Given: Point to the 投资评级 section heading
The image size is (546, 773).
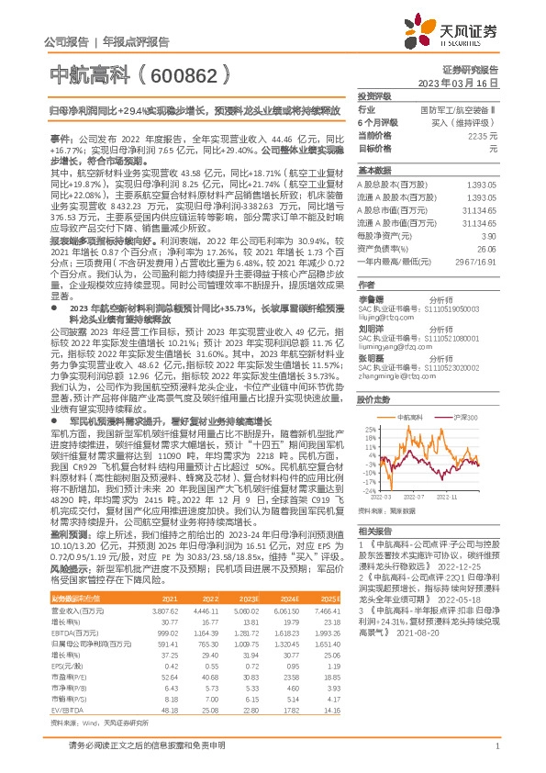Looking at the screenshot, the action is coord(374,95).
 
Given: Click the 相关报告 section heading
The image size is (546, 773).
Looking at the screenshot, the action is coord(374,531).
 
